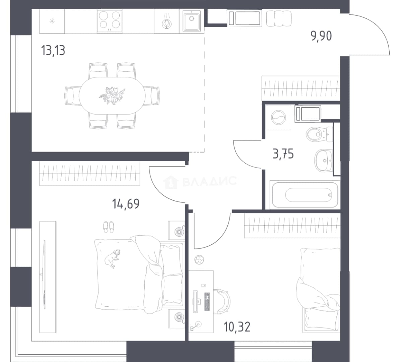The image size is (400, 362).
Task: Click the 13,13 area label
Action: tap(53, 50)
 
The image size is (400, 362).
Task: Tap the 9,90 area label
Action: tap(321, 36)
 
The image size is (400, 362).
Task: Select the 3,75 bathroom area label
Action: tap(283, 154)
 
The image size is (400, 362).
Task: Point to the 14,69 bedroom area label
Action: tap(126, 204)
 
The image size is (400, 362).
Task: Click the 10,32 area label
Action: tap(237, 327)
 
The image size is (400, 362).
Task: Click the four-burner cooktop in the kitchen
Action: tap(110, 21)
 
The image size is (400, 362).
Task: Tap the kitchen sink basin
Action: tap(191, 21)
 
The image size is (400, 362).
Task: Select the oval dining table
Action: tap(112, 96)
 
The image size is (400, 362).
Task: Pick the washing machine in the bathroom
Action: tap(278, 118)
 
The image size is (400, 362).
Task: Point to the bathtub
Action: tap(305, 194)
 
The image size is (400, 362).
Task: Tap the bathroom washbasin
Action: tap(324, 160)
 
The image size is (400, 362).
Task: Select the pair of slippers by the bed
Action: tap(109, 227)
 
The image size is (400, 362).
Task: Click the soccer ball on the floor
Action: tap(199, 260)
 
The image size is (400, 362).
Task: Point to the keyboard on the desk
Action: tap(207, 301)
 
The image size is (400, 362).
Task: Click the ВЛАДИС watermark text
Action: tap(210, 181)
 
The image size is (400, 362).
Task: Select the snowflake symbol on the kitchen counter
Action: tap(52, 21)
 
